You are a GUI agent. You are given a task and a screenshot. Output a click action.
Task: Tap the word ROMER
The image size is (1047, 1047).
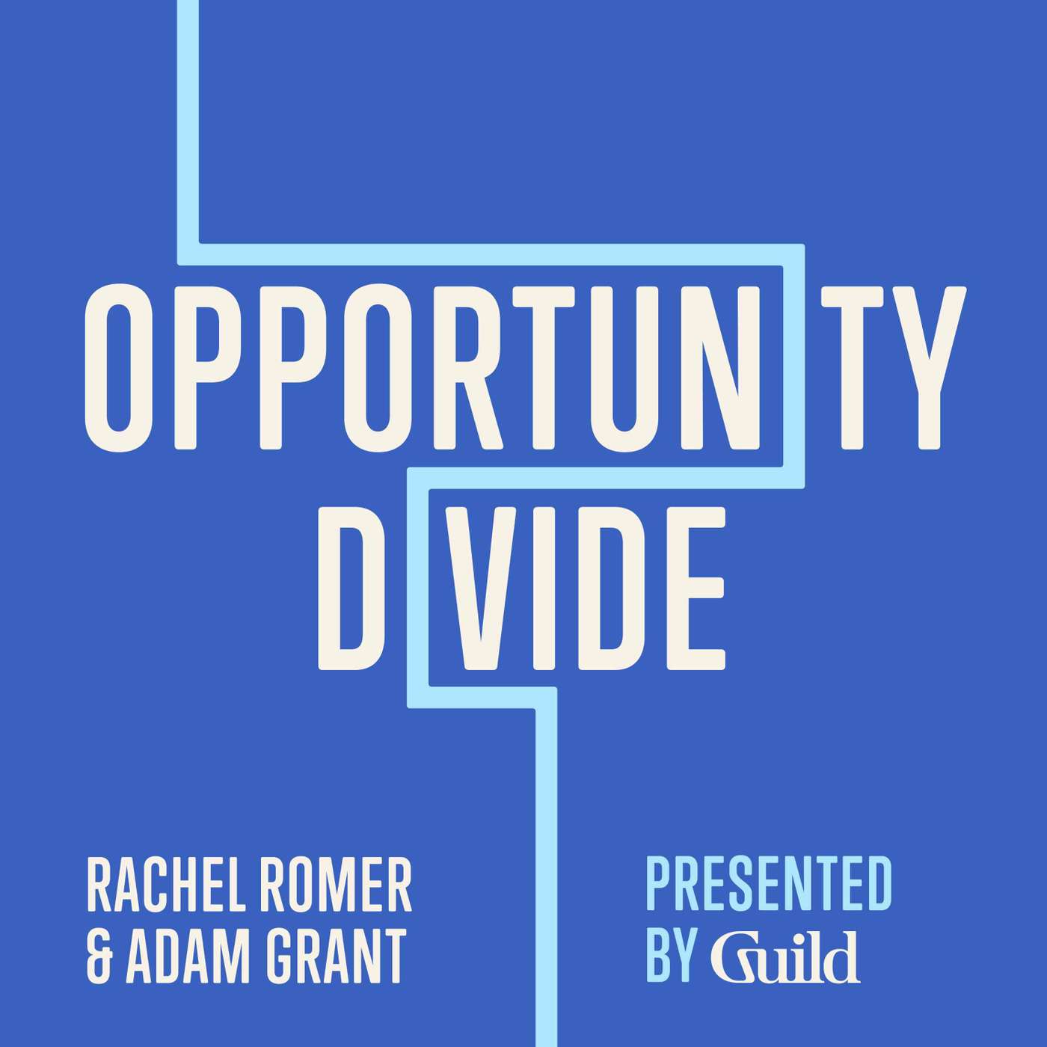328,885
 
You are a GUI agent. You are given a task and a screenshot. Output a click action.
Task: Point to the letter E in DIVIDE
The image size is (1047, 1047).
695,588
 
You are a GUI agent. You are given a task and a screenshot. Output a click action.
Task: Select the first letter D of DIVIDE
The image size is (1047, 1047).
349,588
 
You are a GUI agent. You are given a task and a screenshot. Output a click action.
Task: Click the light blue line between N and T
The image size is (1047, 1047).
793,367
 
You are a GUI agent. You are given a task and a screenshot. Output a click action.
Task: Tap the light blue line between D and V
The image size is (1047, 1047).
417,588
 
